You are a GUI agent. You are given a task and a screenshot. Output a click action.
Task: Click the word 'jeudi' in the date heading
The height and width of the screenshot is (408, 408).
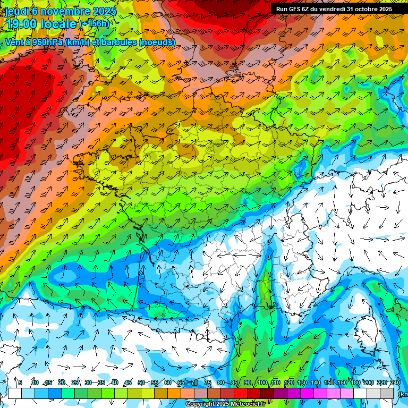pyautogui.click(x=18, y=11)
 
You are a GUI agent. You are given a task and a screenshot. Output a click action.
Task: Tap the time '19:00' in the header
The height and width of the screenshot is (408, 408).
pyautogui.click(x=22, y=24)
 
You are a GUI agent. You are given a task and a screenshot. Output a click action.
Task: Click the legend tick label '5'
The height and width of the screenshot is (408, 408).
pyautogui.click(x=20, y=382)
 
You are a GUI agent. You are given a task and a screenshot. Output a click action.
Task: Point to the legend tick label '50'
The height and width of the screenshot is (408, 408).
pyautogui.click(x=141, y=382)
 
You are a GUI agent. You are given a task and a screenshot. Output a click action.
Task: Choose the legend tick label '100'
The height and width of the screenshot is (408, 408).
pyautogui.click(x=262, y=382)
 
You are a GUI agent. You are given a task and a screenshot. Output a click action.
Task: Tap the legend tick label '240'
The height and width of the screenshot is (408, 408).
pyautogui.click(x=395, y=382)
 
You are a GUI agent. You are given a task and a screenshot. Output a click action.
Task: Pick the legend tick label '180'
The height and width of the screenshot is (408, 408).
pyautogui.click(x=355, y=382)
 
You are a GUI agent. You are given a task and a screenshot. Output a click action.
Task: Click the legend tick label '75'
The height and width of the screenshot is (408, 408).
pyautogui.click(x=208, y=382)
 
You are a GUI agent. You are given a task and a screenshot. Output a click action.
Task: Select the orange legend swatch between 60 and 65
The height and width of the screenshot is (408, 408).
pyautogui.click(x=175, y=393)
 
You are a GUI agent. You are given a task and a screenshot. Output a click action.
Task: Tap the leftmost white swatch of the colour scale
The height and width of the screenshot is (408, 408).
pyautogui.click(x=14, y=393)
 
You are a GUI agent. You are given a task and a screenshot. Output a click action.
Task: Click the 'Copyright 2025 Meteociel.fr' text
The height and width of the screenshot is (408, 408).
pyautogui.click(x=225, y=404)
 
